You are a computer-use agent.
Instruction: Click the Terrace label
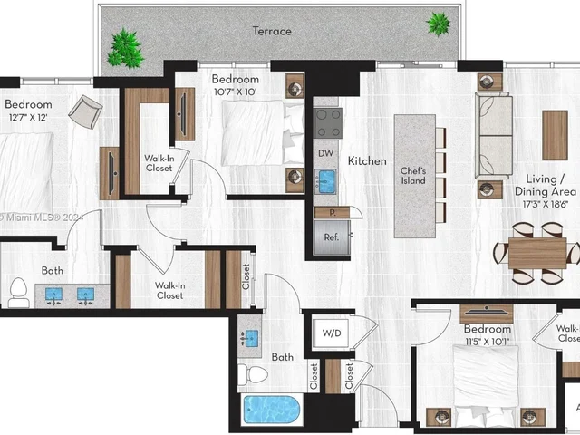coord(272,31)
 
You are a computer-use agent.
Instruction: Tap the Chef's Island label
coord(414,176)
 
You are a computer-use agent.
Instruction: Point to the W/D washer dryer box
coord(333,333)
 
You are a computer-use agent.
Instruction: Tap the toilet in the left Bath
coord(17,291)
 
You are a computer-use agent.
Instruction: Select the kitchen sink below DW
coord(327,181)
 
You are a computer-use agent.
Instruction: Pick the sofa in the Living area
coord(495,136)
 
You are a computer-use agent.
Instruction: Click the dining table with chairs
coord(537,253)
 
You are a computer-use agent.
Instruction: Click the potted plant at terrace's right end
coord(439,23)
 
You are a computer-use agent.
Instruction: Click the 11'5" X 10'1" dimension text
coord(487,342)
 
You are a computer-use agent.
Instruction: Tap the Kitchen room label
coord(367,160)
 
